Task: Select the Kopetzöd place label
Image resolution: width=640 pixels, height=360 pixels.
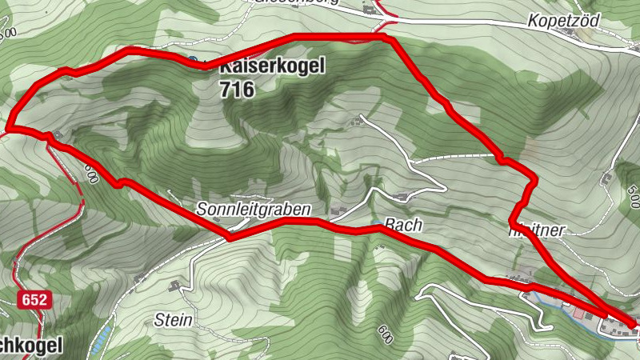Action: [x=564, y=22]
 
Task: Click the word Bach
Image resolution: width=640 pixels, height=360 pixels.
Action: [x=402, y=226]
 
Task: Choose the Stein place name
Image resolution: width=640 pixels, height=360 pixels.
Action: [x=173, y=320]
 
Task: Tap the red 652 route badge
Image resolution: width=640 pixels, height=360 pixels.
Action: [x=33, y=300]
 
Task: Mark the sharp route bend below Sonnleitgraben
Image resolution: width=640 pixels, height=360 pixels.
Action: [x=230, y=238]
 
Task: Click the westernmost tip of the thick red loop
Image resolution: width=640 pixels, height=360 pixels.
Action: [x=10, y=126]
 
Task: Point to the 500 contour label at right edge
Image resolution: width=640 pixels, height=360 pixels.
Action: [x=631, y=194]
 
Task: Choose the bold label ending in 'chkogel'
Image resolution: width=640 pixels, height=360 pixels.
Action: [x=30, y=344]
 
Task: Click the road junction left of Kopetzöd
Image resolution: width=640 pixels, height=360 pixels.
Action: [x=386, y=15]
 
